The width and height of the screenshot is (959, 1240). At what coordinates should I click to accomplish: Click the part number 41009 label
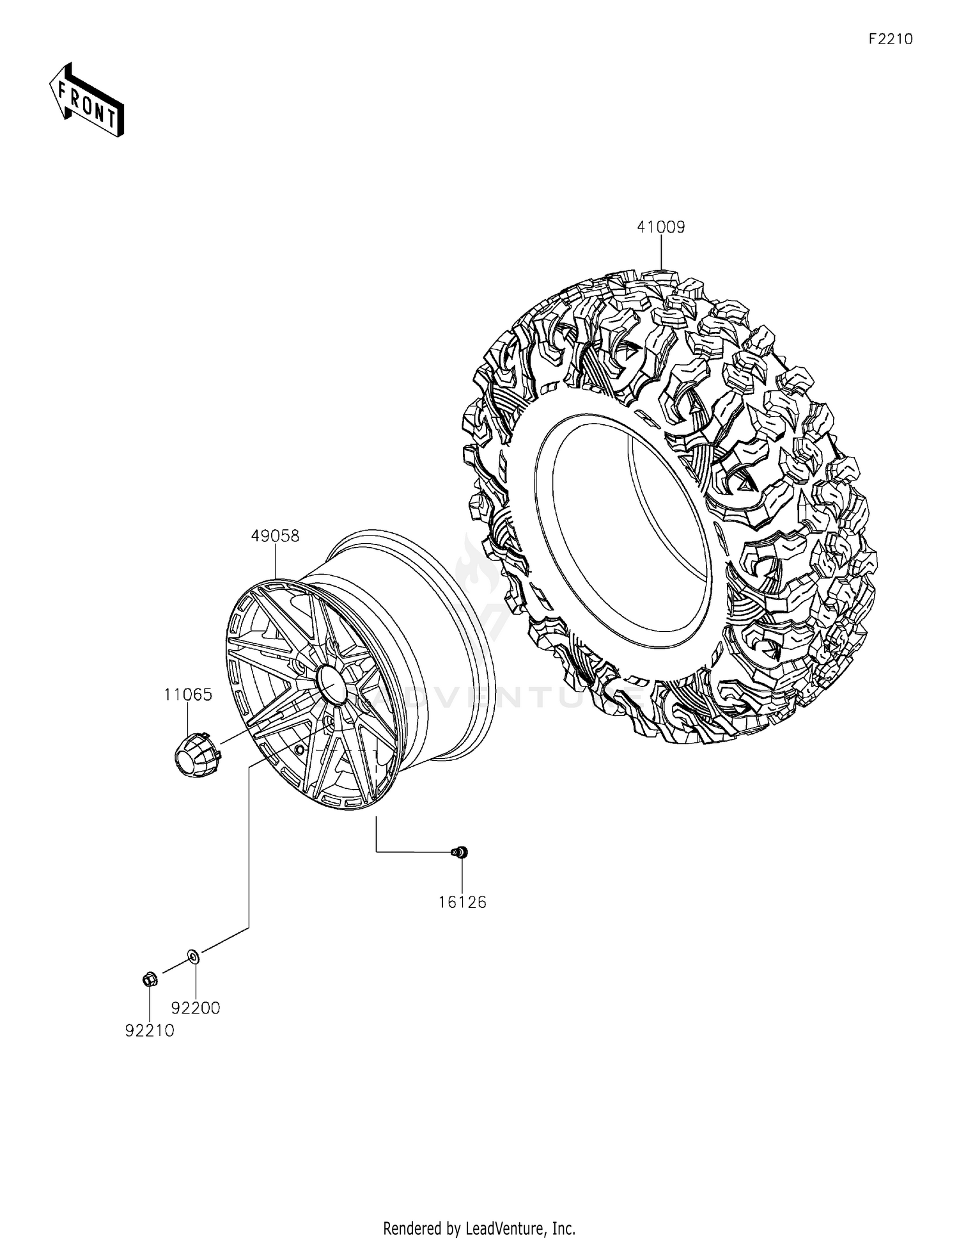(660, 227)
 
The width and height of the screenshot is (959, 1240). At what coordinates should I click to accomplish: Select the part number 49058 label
(275, 536)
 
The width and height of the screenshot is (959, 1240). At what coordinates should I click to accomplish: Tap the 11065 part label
(188, 694)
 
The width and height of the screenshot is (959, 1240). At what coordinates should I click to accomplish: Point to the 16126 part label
(462, 902)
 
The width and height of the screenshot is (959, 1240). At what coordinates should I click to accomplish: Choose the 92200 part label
(196, 1008)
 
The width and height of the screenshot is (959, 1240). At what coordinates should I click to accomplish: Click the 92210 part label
(150, 1031)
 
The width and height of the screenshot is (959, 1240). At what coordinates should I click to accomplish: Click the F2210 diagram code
(891, 39)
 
